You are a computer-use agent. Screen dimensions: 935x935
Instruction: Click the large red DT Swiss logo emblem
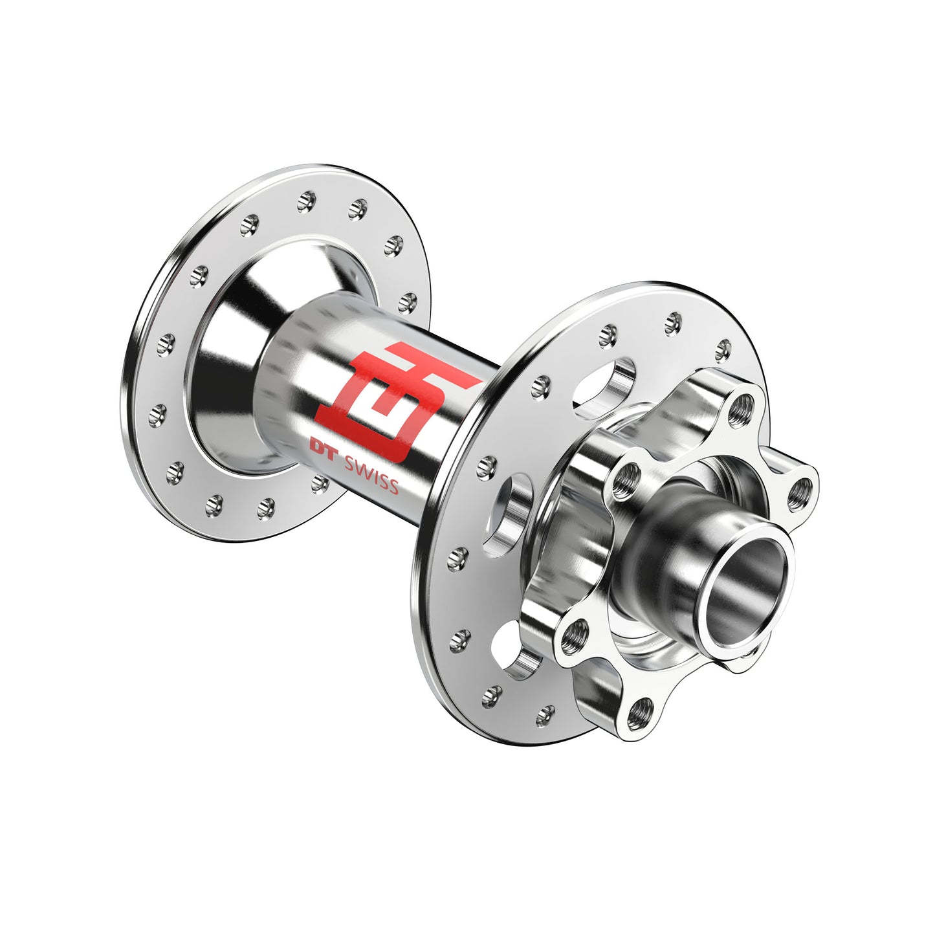[x=397, y=401]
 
